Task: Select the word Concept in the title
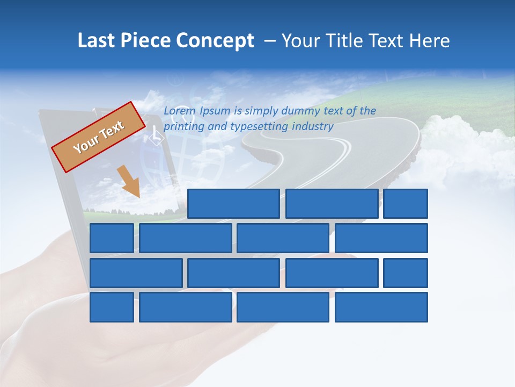pyautogui.click(x=216, y=41)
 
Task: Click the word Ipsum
pyautogui.click(x=215, y=111)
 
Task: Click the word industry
pyautogui.click(x=313, y=127)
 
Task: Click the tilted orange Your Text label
pyautogui.click(x=99, y=137)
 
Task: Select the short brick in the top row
pyautogui.click(x=406, y=204)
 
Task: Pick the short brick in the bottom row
pyautogui.click(x=112, y=307)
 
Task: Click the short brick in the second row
pyautogui.click(x=112, y=238)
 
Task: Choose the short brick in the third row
pyautogui.click(x=406, y=273)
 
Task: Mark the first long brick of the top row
pyautogui.click(x=233, y=204)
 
